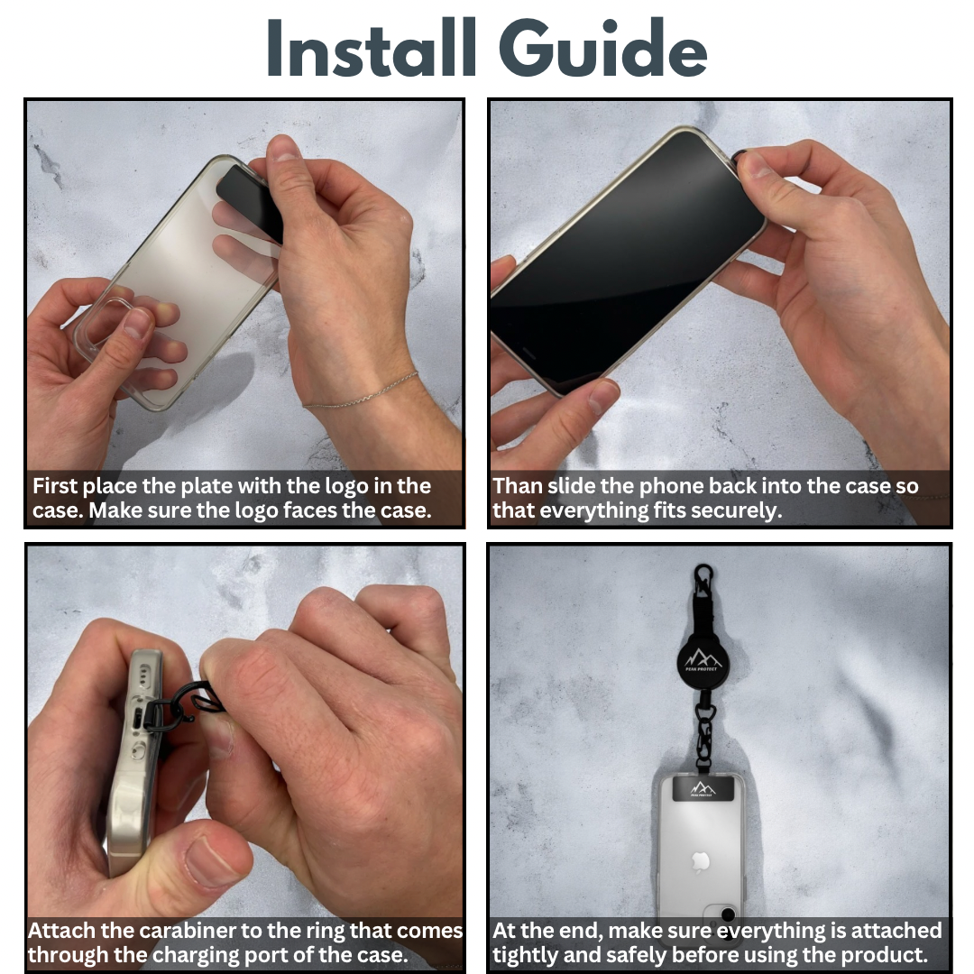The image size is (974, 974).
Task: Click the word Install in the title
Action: click(x=371, y=48)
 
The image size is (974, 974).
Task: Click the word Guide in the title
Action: click(x=602, y=48)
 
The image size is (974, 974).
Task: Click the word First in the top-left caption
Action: click(x=55, y=486)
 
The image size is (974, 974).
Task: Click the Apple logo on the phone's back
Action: click(x=700, y=862)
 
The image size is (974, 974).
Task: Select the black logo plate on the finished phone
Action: click(x=703, y=788)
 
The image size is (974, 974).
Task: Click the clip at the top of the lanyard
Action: click(x=703, y=579)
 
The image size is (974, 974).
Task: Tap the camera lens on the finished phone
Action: click(x=728, y=914)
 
